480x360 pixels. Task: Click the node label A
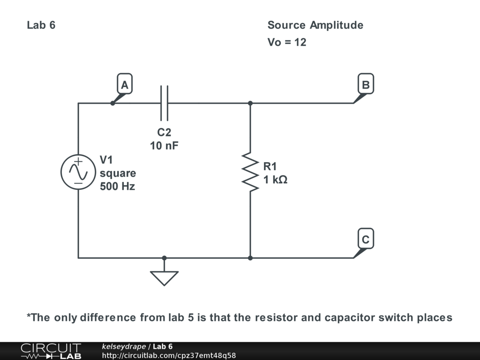point(125,85)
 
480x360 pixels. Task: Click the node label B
point(366,85)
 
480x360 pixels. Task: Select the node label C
point(366,240)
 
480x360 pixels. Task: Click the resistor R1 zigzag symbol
point(250,171)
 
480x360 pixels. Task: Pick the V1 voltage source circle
point(78,172)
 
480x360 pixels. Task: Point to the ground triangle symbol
point(164,277)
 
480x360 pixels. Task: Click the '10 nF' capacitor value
point(164,146)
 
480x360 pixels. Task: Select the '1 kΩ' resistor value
point(275,179)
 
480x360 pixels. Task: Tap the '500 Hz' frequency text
point(117,186)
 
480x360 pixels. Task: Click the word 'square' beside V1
point(118,173)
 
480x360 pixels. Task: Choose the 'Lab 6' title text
point(41,25)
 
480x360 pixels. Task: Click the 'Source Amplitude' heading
point(315,25)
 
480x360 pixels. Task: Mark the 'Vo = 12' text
point(287,42)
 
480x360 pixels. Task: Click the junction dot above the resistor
point(250,103)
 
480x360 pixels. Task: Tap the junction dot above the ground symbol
point(164,258)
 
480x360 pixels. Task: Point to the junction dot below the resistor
point(250,258)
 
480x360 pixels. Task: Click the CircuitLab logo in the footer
point(51,351)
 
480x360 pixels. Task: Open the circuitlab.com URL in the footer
point(169,355)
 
